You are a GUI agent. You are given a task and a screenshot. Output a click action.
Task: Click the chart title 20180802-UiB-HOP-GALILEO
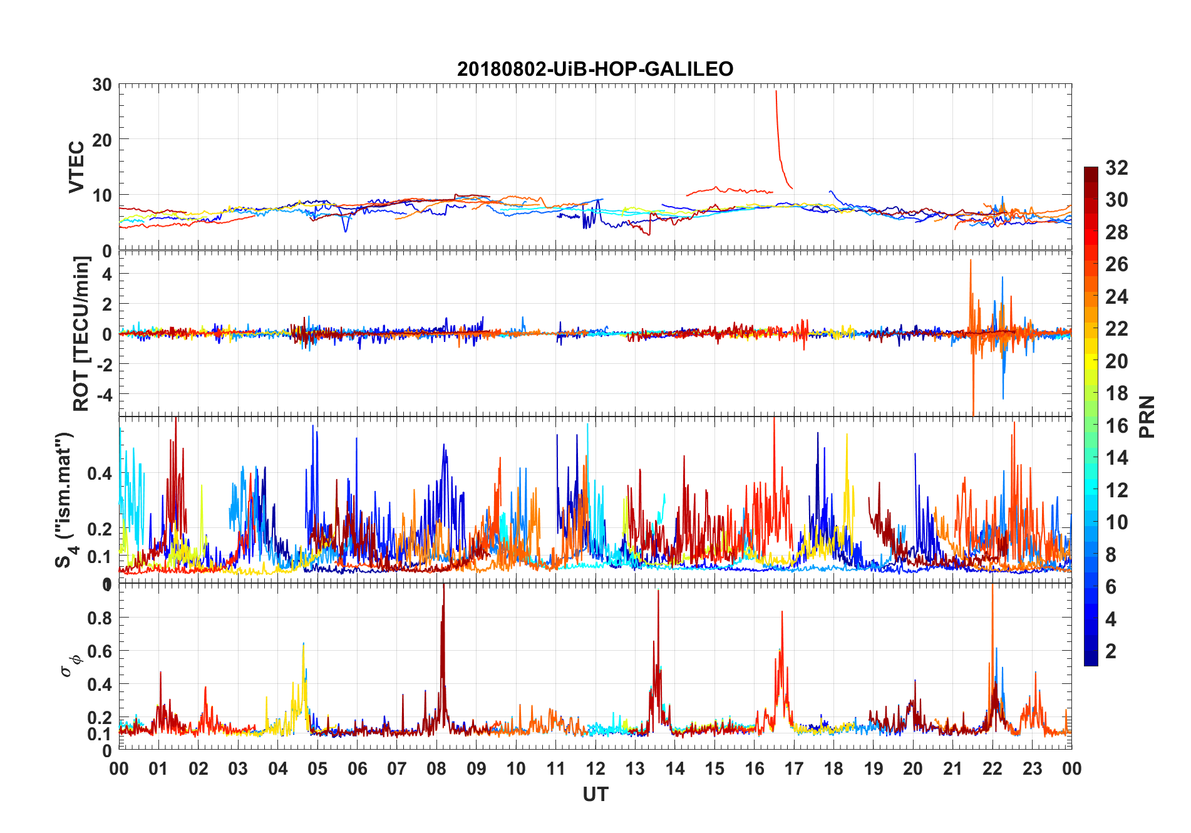tap(595, 69)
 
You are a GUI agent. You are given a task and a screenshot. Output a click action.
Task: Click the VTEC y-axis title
tap(76, 167)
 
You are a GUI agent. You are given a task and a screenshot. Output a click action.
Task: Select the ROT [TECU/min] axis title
tap(81, 333)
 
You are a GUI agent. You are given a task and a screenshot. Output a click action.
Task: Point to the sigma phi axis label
tap(70, 664)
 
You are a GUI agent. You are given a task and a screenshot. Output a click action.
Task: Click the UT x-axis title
tap(595, 795)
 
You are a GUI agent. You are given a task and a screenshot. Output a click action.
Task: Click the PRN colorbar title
tap(1147, 416)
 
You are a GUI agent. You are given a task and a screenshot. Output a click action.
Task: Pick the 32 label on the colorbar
tap(1116, 168)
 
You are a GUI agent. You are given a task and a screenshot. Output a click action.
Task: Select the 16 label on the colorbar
tap(1116, 426)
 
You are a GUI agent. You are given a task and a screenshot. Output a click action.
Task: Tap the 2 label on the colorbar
tap(1111, 651)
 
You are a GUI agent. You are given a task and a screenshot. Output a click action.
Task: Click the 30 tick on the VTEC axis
tap(102, 85)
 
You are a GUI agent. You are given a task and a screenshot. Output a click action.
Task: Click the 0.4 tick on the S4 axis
tap(100, 473)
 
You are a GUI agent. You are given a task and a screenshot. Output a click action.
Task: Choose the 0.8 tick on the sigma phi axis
tap(100, 618)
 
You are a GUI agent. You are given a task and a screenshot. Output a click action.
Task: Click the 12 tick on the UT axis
tap(595, 768)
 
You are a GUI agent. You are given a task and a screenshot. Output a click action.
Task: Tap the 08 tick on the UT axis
tap(436, 768)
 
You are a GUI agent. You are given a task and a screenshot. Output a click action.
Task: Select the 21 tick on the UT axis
tap(952, 768)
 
